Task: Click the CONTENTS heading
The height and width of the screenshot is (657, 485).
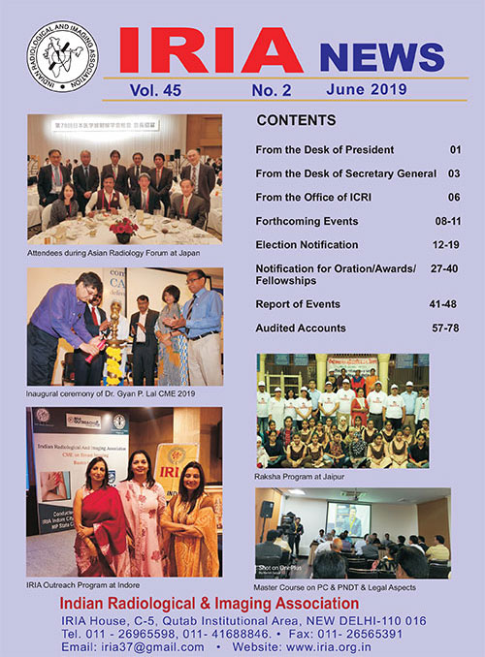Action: tap(296, 121)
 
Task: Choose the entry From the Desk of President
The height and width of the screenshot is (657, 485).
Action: tap(324, 150)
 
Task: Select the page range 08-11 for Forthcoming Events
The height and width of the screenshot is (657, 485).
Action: tap(447, 221)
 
